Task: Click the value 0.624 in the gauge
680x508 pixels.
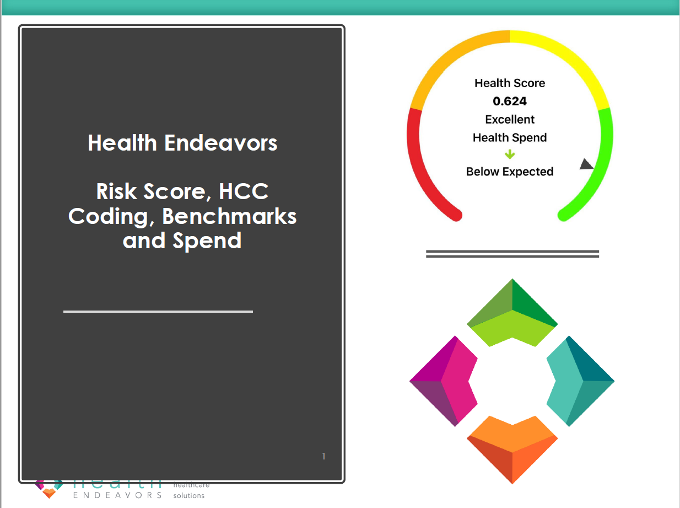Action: point(510,101)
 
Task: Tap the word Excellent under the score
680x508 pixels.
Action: point(510,120)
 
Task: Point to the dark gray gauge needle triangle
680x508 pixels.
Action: point(586,164)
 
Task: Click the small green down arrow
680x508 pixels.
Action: point(510,154)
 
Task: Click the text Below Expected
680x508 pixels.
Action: point(510,172)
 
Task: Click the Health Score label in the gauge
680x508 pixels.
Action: point(510,83)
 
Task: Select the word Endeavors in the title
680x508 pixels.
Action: point(221,143)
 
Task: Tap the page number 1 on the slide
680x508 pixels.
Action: point(323,456)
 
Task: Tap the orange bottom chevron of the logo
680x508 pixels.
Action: point(512,447)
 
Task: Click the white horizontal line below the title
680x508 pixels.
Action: point(158,312)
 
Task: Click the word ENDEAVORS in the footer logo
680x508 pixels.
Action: point(117,495)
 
